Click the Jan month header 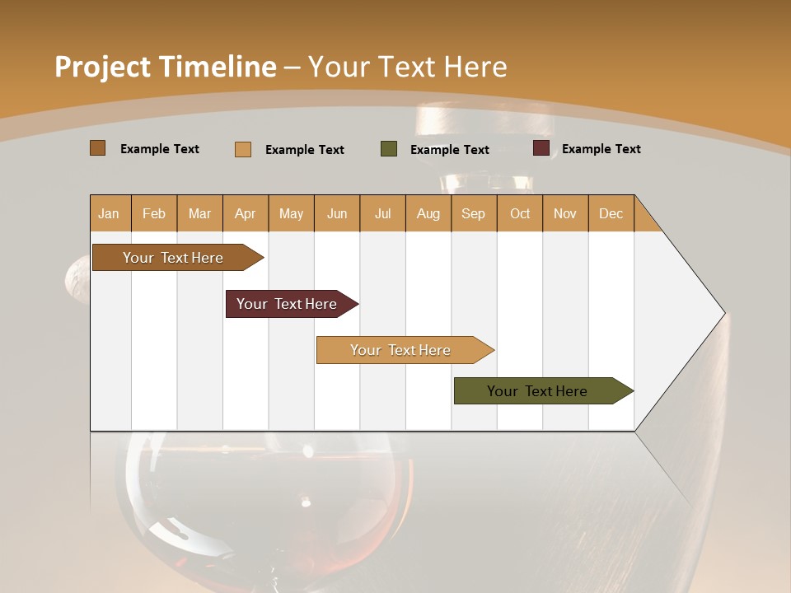click(109, 213)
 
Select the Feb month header click(154, 213)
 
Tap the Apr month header click(245, 213)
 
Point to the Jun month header click(337, 213)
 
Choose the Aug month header click(428, 213)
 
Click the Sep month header click(473, 213)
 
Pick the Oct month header click(520, 213)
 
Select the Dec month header click(611, 213)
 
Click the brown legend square click(97, 148)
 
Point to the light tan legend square click(243, 149)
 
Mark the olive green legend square click(389, 149)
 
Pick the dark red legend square click(541, 148)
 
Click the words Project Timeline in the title click(165, 67)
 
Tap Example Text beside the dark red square click(601, 149)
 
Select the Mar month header click(199, 213)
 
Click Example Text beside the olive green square click(449, 150)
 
